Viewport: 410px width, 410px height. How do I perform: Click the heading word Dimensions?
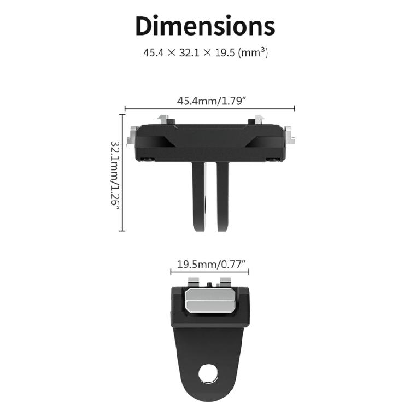click(205, 26)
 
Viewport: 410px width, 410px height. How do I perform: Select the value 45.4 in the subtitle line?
click(153, 54)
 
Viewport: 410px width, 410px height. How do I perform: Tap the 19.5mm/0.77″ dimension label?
click(210, 264)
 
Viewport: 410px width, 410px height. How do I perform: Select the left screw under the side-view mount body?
click(147, 160)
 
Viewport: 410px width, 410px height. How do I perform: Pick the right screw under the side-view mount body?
click(272, 160)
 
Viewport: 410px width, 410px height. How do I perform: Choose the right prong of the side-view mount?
click(222, 197)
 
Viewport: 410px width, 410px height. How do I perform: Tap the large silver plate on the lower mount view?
click(210, 301)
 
